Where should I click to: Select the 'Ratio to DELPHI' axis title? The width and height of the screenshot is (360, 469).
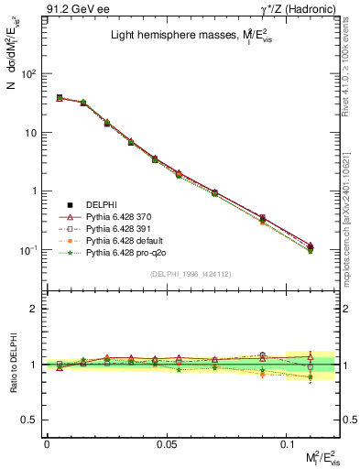click(13, 365)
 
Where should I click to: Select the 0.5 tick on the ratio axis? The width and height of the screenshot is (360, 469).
click(32, 420)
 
